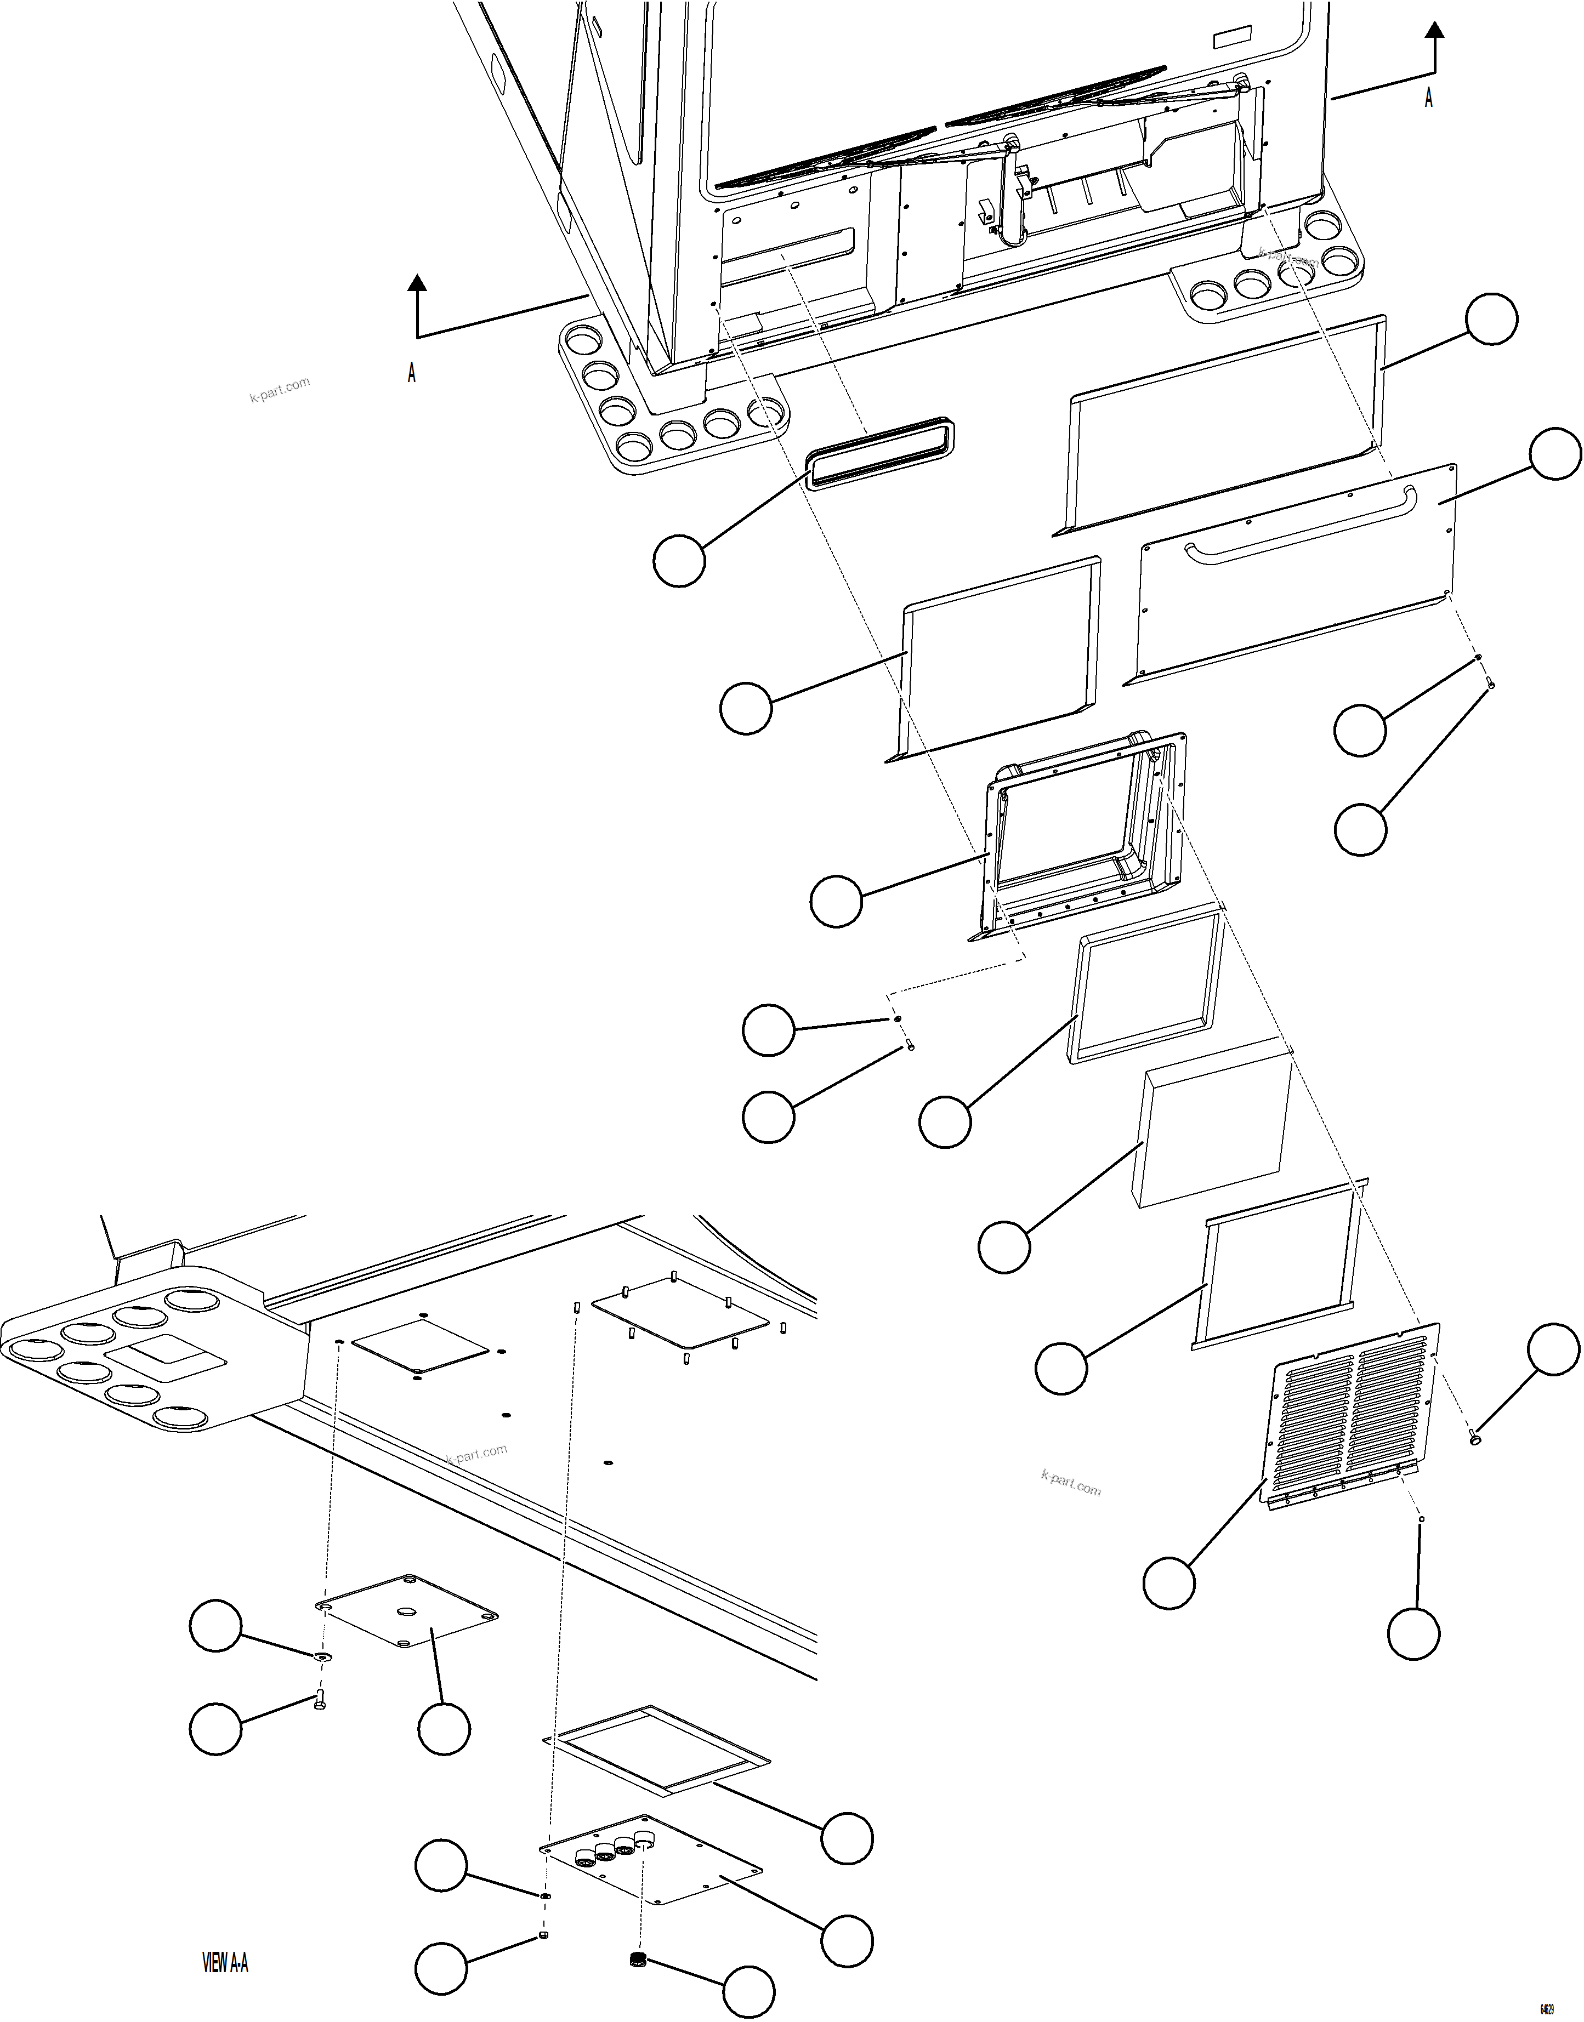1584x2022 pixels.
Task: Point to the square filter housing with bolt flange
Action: (1081, 837)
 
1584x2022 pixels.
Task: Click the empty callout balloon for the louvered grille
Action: (1168, 1584)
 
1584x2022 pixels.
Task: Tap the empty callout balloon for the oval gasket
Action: (679, 561)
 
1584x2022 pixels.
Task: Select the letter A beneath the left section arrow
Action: (412, 373)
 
